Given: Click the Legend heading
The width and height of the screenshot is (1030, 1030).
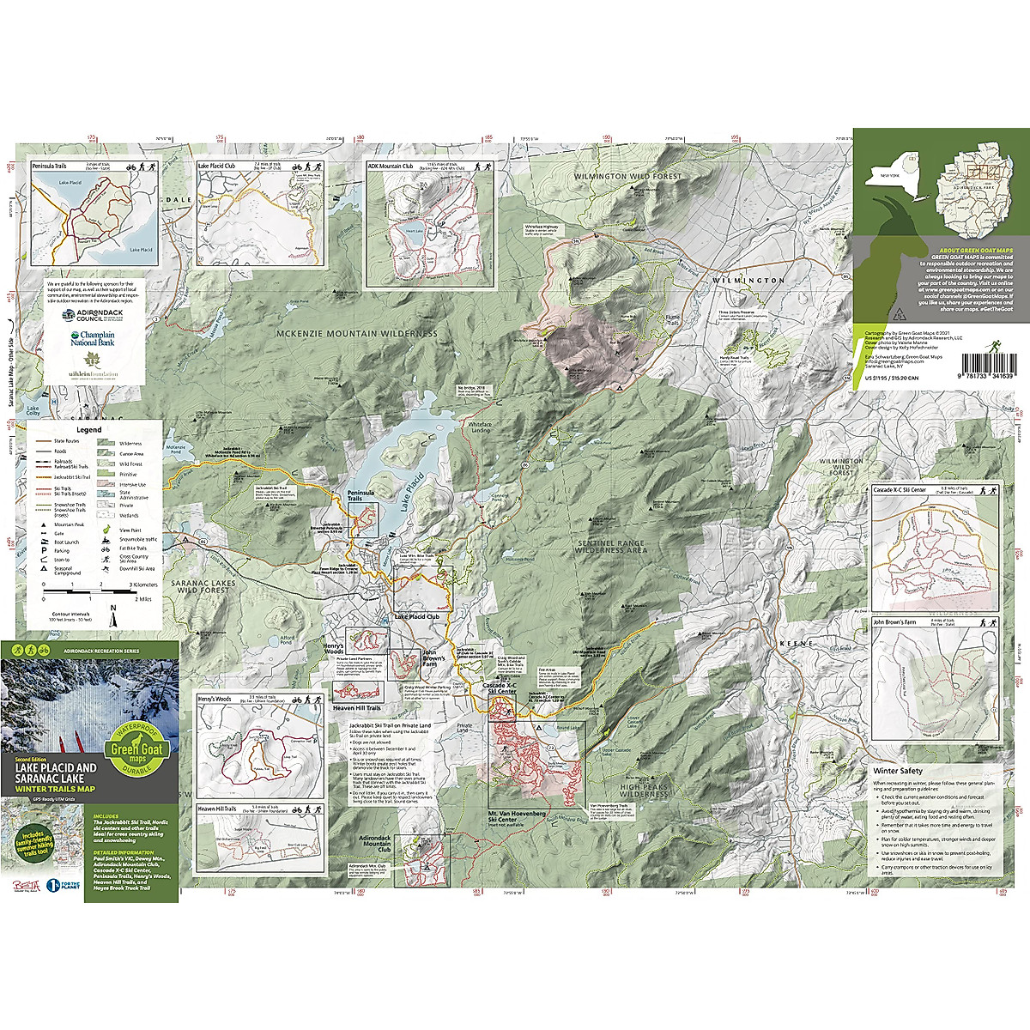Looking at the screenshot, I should point(89,430).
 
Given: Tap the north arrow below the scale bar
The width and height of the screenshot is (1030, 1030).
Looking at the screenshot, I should point(112,609).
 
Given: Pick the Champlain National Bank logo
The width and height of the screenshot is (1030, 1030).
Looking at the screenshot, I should point(92,338).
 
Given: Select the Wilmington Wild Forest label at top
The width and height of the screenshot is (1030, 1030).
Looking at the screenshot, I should point(627,177).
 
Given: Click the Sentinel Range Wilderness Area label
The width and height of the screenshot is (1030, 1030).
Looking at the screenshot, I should point(611,547).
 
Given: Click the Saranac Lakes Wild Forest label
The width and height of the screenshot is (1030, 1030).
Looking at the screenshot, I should point(203,586).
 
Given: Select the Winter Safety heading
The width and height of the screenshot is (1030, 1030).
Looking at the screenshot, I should point(898,771).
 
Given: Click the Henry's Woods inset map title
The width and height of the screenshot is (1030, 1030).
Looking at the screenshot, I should point(215,699).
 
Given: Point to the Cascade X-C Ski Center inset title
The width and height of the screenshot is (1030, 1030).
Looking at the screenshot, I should point(900,490).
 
